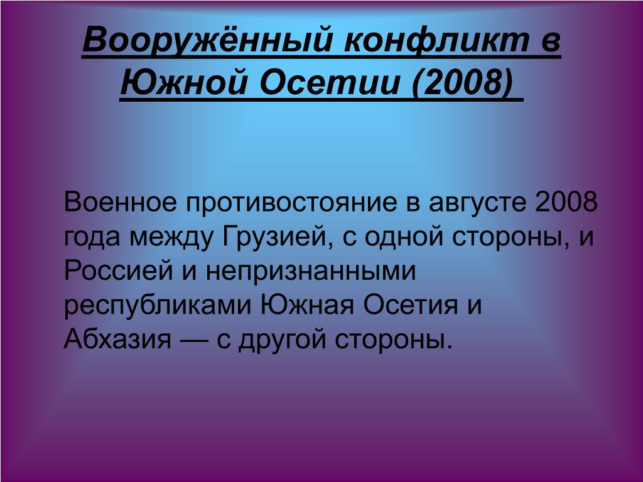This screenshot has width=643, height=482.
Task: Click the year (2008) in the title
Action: (x=462, y=82)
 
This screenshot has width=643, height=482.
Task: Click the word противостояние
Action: (x=291, y=203)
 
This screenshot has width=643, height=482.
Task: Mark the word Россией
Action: (x=119, y=270)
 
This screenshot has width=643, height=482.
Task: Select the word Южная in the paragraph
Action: (x=307, y=305)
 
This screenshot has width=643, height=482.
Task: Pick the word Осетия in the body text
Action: (x=411, y=305)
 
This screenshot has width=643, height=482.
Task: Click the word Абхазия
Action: (x=117, y=339)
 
